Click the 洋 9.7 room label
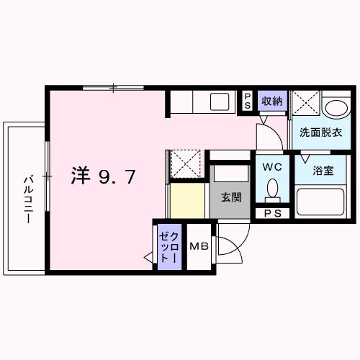point(102,176)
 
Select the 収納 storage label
point(271,101)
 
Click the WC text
point(271,166)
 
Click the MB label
point(199,246)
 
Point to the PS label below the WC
point(272,212)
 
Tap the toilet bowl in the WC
point(271,189)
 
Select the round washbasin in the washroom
point(335,109)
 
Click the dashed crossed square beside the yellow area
point(186,163)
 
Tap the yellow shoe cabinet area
point(188,199)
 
